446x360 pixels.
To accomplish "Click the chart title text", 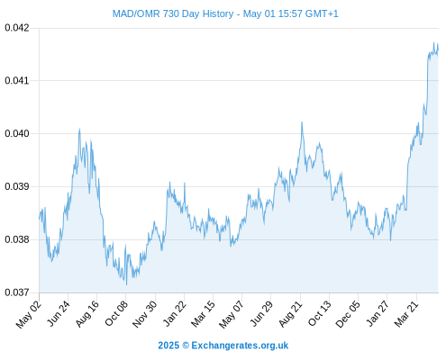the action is (225, 13).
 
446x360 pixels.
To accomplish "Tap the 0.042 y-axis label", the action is (17, 28).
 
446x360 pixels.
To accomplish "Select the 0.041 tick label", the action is (17, 80).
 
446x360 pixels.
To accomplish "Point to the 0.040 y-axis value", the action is (17, 133).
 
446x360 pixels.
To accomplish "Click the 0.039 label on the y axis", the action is (17, 186).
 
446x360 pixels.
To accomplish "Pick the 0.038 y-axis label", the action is (17, 239).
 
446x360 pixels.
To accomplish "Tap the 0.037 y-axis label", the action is (17, 292).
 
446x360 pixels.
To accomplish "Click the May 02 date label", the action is (29, 314).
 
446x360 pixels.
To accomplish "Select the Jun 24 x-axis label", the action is (59, 313).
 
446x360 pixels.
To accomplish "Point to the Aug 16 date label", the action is (87, 313).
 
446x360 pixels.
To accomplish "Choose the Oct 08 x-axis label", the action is (116, 313).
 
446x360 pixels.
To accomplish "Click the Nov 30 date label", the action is (144, 314).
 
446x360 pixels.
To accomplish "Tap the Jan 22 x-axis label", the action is (175, 313).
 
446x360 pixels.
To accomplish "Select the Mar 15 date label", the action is (204, 313).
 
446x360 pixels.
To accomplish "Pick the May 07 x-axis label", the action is (232, 314).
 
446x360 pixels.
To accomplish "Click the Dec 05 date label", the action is (348, 313).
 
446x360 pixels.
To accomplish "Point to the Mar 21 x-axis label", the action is (406, 313).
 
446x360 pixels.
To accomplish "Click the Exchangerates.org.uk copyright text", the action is (223, 346).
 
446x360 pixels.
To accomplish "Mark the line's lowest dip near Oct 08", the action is (126, 284).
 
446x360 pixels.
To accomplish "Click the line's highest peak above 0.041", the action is (433, 43).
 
